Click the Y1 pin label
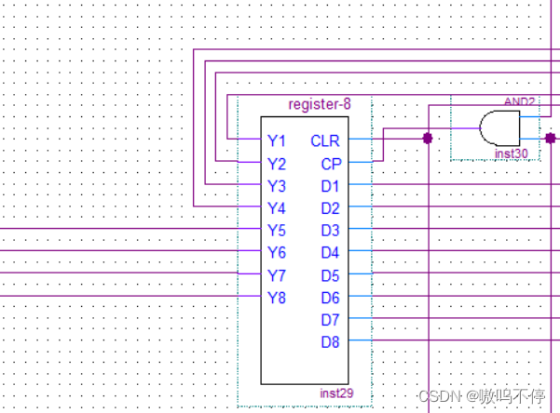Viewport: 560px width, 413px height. click(x=276, y=141)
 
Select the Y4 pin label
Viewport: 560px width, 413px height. click(x=276, y=208)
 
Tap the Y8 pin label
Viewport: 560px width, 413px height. click(x=276, y=298)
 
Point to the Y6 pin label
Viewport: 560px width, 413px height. click(x=276, y=253)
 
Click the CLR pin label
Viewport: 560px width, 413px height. click(x=325, y=141)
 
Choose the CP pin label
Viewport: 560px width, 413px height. click(x=331, y=164)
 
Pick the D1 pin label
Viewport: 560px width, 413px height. click(x=331, y=186)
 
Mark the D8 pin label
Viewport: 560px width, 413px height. click(x=331, y=342)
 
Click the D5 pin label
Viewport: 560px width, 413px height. click(x=331, y=275)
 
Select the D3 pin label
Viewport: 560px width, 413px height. click(x=331, y=231)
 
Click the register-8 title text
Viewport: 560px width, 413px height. click(x=320, y=103)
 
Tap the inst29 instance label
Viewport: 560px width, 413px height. click(x=336, y=393)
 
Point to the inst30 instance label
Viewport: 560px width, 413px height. click(x=511, y=153)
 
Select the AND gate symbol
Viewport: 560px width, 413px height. click(x=499, y=127)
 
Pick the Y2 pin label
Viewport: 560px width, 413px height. click(x=276, y=164)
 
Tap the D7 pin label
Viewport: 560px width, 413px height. click(x=331, y=320)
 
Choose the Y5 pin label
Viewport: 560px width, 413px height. click(x=276, y=231)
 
